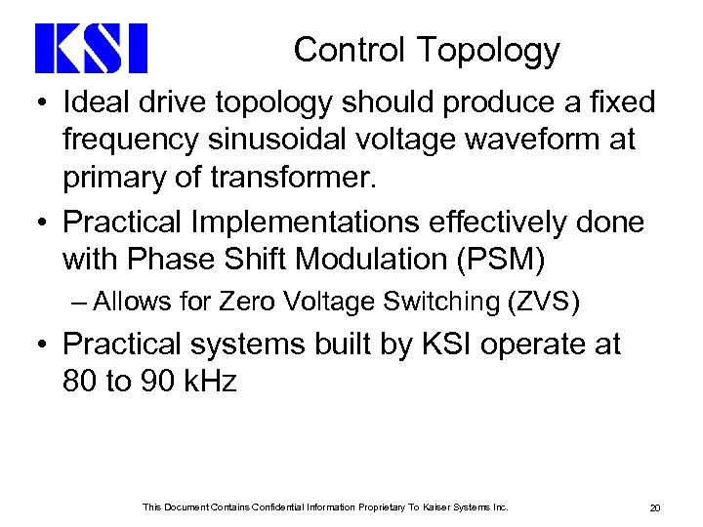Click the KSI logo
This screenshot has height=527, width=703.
[x=91, y=49]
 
